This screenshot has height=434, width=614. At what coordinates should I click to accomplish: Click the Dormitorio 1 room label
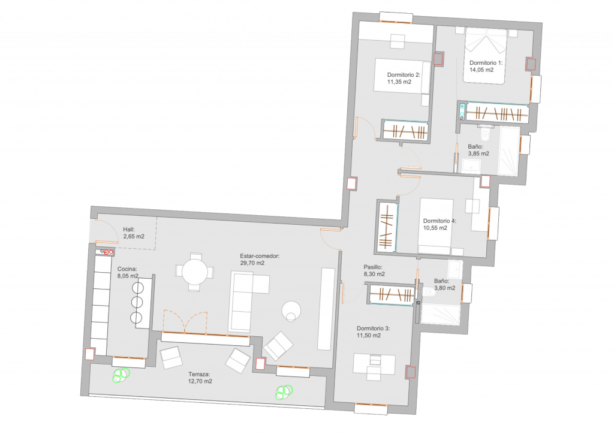coord(486,62)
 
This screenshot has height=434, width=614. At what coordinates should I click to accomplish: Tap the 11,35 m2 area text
coord(399,82)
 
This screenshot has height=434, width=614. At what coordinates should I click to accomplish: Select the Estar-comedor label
coord(260,257)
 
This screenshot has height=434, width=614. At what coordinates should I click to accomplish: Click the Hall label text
coord(129,230)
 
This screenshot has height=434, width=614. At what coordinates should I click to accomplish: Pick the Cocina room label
coord(127,269)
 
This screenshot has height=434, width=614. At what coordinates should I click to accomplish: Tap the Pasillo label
coord(373,267)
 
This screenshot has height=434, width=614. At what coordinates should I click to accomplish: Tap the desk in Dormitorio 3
coord(374,364)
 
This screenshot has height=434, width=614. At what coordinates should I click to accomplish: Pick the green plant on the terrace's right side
coord(284,392)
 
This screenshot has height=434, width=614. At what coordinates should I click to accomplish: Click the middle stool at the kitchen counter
coord(137,302)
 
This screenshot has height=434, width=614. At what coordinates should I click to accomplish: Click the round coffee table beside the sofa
coord(291,311)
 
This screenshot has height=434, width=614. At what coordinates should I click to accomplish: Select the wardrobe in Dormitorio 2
coord(405,130)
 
